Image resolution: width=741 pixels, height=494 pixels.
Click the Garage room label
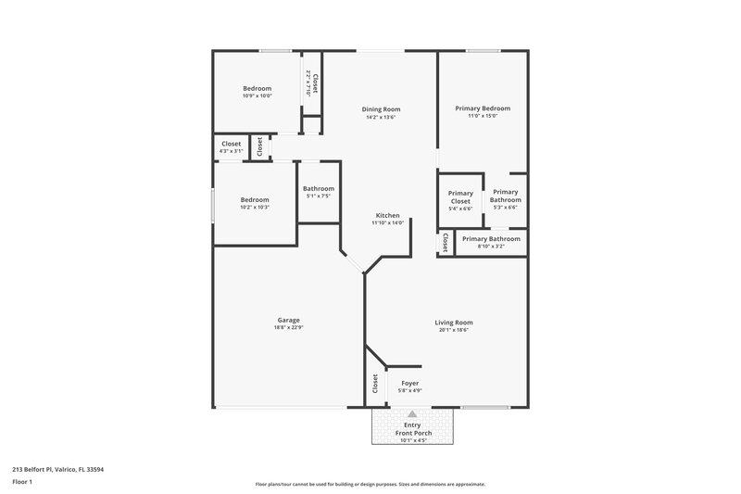pos(288,320)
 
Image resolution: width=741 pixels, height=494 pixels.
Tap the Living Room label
pos(454,323)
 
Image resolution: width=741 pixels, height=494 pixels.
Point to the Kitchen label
pos(387,215)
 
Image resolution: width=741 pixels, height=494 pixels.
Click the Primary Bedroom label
pos(483,108)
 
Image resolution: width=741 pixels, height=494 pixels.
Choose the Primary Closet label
pos(460,197)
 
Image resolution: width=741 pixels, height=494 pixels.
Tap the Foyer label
pos(409,383)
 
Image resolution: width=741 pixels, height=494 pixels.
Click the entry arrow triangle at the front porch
pos(412,415)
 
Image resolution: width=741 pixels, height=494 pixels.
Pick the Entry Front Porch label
pos(412,429)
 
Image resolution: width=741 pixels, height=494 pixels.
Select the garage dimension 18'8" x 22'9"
pos(288,328)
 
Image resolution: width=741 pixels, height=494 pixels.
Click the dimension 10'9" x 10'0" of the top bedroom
pos(257,95)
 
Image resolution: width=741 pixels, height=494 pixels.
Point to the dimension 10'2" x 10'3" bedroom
pos(255,208)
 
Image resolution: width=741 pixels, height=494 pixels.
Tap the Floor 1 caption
pos(22,482)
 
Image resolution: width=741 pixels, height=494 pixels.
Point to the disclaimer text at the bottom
pos(370,484)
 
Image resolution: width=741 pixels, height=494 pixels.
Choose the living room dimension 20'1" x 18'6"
pos(454,330)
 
